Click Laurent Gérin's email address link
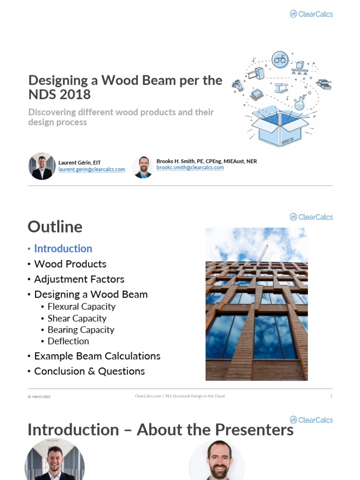(91, 170)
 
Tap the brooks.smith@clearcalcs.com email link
(190, 167)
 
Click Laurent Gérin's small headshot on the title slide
(42, 166)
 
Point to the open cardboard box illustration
(280, 127)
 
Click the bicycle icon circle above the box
(280, 60)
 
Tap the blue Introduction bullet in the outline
(63, 248)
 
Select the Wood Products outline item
(70, 264)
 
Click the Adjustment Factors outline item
(79, 279)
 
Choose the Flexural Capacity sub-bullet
(81, 307)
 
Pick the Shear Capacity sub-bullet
(77, 318)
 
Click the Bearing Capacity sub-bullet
(81, 330)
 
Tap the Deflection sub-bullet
(68, 341)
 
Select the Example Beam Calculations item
(97, 356)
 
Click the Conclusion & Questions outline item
(89, 371)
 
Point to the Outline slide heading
(55, 227)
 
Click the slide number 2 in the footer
(331, 396)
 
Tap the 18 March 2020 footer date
(39, 397)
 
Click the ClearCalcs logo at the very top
(311, 14)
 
